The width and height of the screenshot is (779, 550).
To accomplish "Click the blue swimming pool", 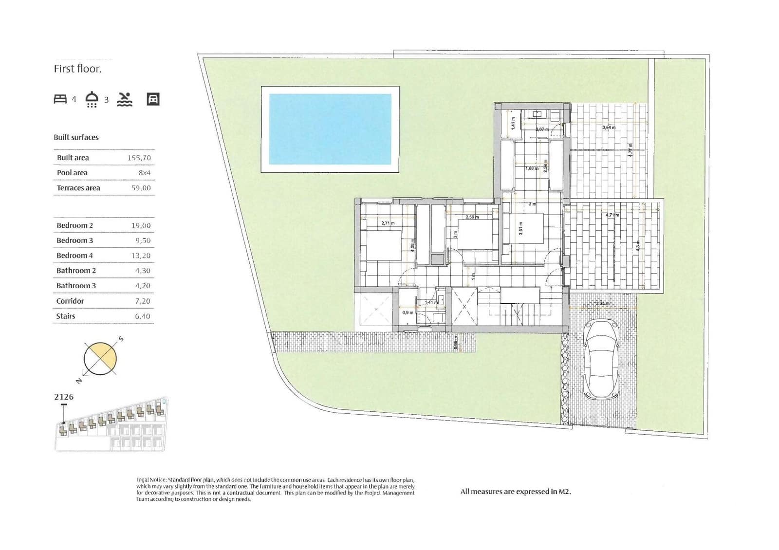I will pos(330,129).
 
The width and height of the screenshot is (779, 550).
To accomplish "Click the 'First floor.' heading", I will pos(78,69).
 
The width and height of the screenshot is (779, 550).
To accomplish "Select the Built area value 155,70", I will pos(139,158).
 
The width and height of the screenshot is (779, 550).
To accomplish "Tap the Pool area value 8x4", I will pos(145,173).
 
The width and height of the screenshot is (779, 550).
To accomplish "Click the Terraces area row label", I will pos(78,188).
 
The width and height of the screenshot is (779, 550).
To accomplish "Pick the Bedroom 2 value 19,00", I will pos(141,225).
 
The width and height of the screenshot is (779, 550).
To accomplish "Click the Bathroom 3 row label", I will pos(76,286).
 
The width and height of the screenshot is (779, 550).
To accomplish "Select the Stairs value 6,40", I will pos(143,316).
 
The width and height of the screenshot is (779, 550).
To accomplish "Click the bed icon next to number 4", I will pos(60,99).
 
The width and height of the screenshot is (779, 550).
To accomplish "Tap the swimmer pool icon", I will pos(125,99).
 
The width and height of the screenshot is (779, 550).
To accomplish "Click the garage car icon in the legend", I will pos(153,99).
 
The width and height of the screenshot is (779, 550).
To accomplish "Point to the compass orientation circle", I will pos(100,359).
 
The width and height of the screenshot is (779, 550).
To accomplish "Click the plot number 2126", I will pos(64,397).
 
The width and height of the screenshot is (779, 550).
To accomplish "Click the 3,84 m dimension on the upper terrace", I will pos(609,128).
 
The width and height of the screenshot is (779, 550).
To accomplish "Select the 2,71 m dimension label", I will pos(388,223).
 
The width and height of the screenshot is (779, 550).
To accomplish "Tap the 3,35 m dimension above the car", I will pos(602,303).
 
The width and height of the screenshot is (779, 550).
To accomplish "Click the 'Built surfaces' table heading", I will pos(76,137).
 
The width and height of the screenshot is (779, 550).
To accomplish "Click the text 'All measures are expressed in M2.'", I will pos(516,492).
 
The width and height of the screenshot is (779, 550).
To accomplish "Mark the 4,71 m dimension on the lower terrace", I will pos(612,215).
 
